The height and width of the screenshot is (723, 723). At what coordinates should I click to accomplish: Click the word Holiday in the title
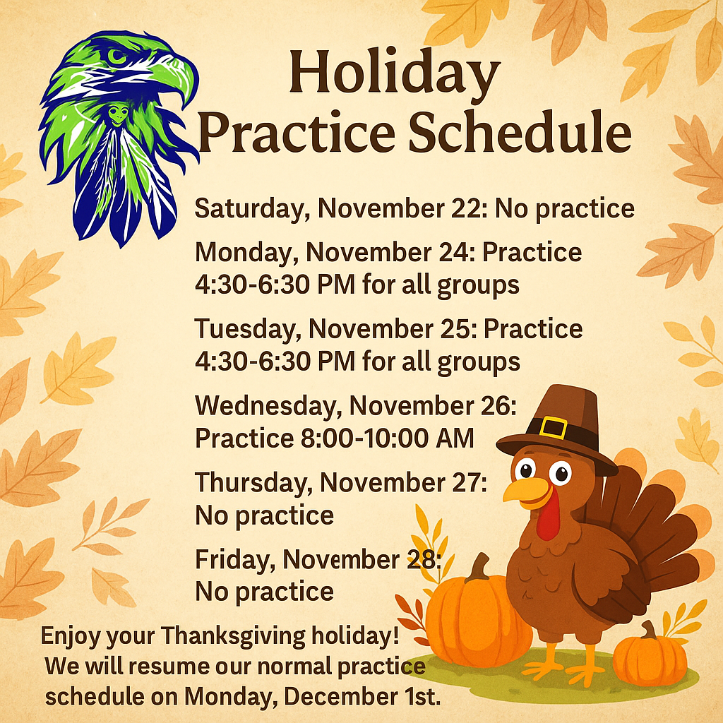(395, 73)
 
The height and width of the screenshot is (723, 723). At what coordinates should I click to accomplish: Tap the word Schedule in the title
(520, 131)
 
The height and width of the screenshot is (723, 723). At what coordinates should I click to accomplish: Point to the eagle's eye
(116, 56)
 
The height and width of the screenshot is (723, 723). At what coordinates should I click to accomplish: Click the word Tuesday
(248, 330)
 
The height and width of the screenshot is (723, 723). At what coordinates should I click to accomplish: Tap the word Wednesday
(268, 406)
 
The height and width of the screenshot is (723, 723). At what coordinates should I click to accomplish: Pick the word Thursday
(253, 483)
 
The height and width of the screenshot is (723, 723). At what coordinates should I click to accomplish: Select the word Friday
(235, 560)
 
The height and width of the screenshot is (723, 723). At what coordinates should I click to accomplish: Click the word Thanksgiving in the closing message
(233, 636)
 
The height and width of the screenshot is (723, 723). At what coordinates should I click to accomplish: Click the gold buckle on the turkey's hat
(554, 427)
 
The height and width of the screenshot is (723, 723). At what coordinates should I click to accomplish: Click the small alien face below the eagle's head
(118, 115)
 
